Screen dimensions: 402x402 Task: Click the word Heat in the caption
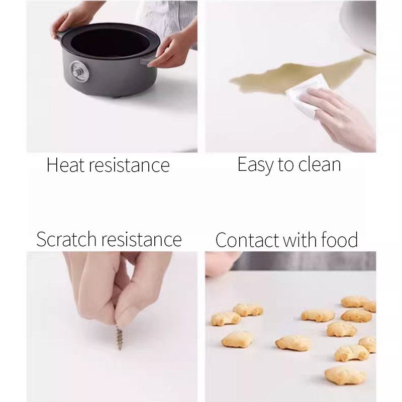pos(66,165)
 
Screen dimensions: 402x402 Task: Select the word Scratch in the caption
pos(66,239)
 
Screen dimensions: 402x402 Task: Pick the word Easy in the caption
pos(255,165)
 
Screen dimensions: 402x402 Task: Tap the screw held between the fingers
pos(119,337)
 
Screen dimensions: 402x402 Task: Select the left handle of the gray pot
pos(60,35)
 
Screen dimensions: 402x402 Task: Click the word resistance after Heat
pos(129,165)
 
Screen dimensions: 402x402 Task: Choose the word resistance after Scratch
pos(142,240)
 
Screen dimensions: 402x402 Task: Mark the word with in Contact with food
pos(300,240)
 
